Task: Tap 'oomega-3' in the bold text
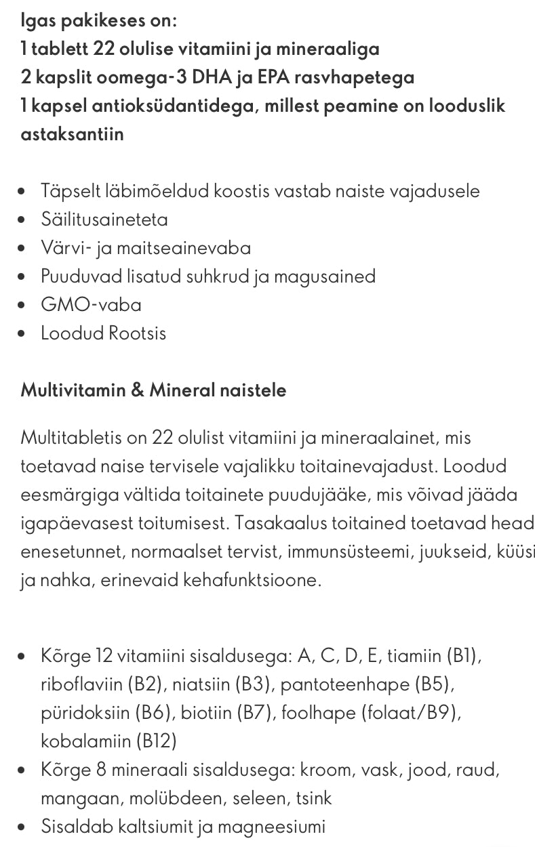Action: click(141, 77)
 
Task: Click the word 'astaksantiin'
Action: click(72, 134)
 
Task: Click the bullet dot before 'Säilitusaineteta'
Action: click(24, 220)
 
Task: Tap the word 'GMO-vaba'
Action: click(91, 305)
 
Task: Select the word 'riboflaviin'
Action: click(81, 684)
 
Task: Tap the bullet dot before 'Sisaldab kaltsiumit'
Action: click(24, 827)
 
